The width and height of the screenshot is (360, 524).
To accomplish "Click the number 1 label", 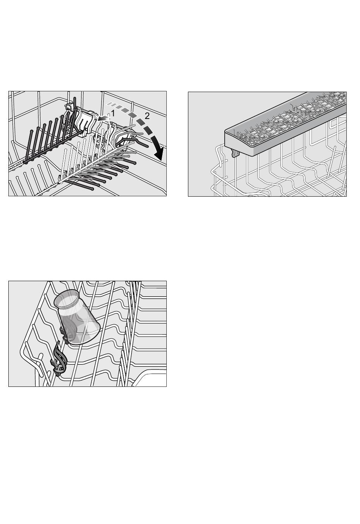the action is [x=113, y=114].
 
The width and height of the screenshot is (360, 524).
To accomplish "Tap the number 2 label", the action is [x=147, y=116].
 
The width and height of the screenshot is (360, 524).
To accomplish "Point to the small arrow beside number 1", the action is [x=103, y=119].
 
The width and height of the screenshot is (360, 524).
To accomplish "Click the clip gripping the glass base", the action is [x=66, y=335].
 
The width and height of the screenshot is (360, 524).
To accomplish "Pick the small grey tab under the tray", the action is [x=236, y=153].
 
